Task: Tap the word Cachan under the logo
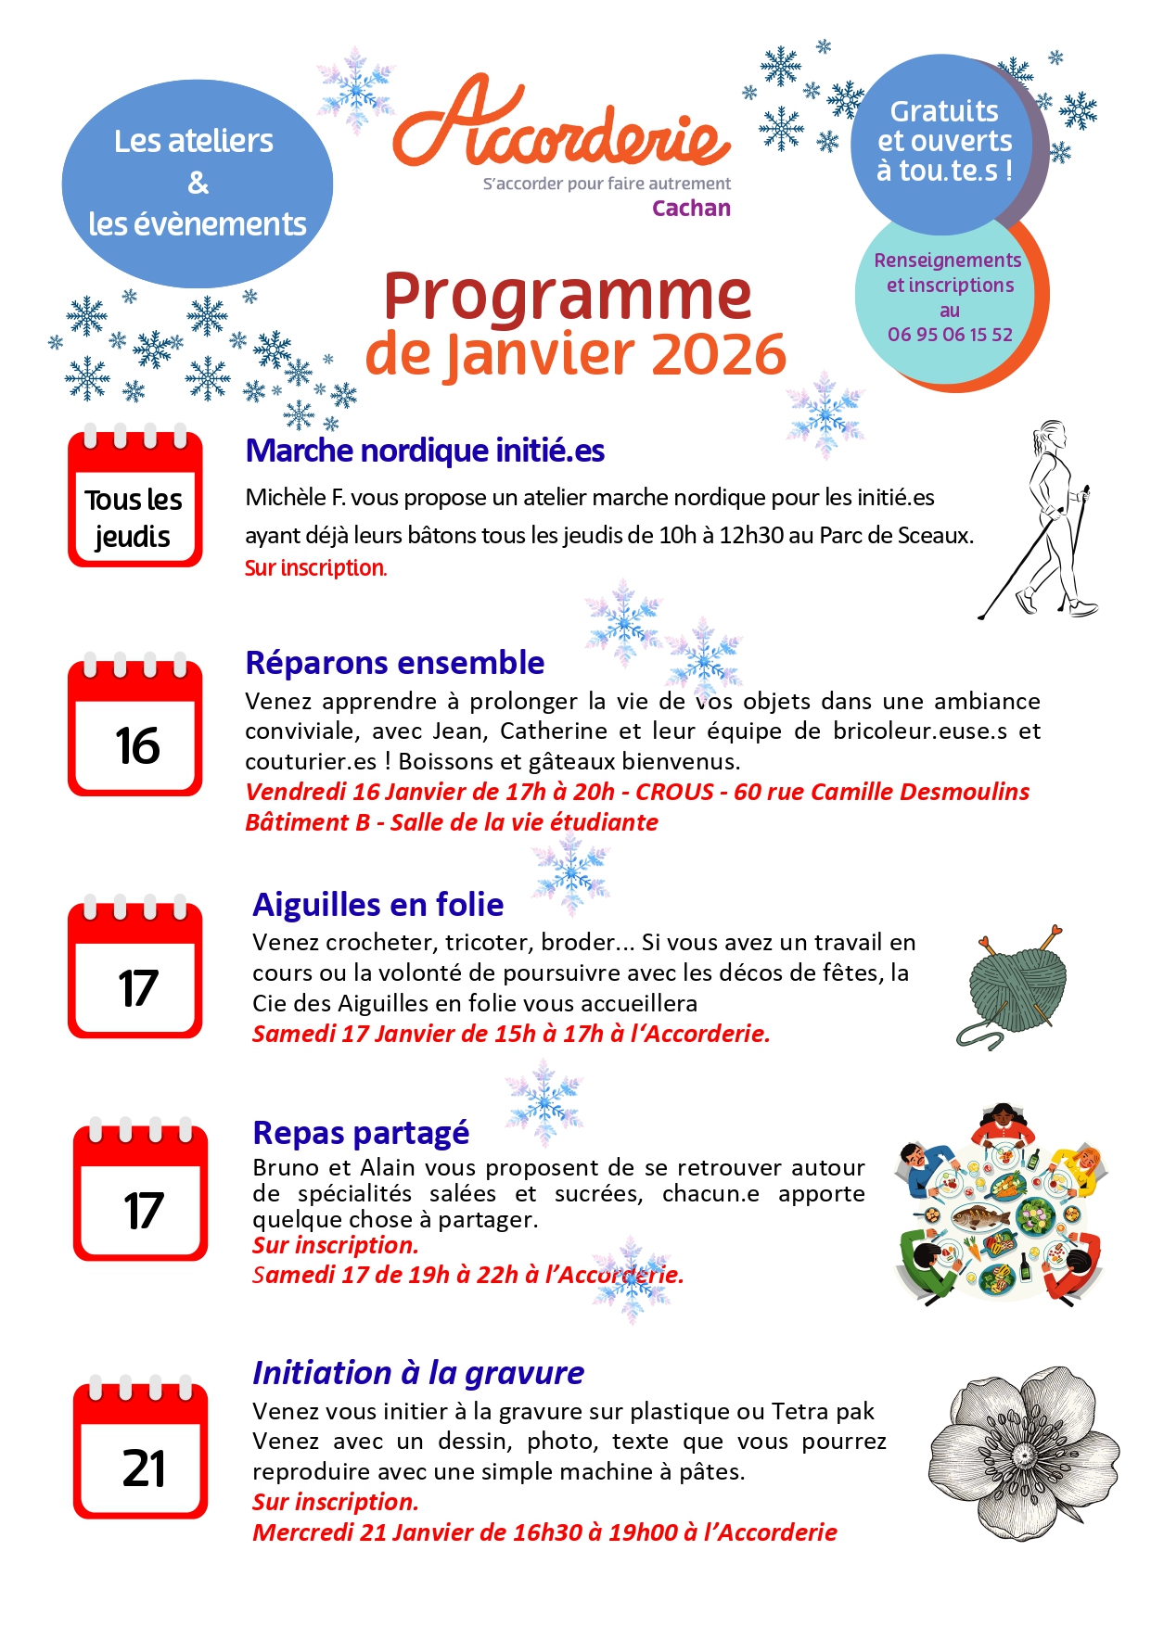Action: pyautogui.click(x=691, y=209)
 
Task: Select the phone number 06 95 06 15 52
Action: pyautogui.click(x=950, y=335)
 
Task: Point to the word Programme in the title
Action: pyautogui.click(x=567, y=296)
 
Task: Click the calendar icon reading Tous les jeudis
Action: pyautogui.click(x=134, y=498)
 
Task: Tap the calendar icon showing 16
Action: pyautogui.click(x=135, y=729)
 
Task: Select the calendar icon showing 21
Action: pyautogui.click(x=141, y=1451)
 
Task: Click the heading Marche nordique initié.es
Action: pyautogui.click(x=425, y=451)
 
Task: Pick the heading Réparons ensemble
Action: pyautogui.click(x=394, y=663)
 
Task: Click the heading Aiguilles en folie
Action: pyautogui.click(x=377, y=904)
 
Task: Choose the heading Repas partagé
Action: pyautogui.click(x=361, y=1133)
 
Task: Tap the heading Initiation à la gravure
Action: pyautogui.click(x=418, y=1373)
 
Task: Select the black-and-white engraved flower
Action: pyautogui.click(x=1024, y=1453)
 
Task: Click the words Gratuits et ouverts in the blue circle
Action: pyautogui.click(x=944, y=126)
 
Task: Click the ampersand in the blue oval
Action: pyautogui.click(x=198, y=183)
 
